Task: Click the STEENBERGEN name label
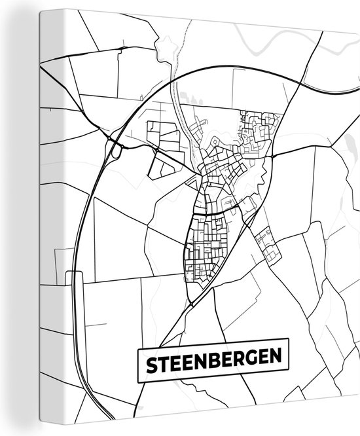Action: coord(213,360)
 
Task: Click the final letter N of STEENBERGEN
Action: coord(279,359)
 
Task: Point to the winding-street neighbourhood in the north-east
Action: coord(259,131)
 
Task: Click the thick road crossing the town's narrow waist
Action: coord(216,211)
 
